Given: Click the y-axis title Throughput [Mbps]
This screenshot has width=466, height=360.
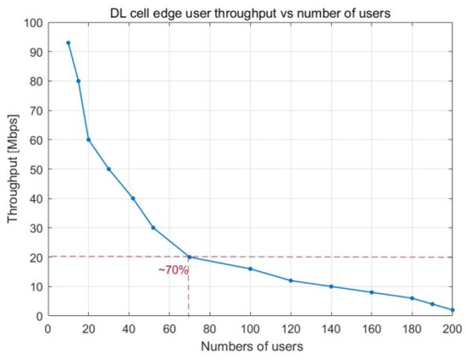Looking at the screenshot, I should click(x=11, y=169).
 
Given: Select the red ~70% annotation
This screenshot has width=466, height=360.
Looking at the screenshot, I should click(x=173, y=270).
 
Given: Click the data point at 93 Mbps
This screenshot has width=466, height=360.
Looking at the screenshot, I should click(x=68, y=42).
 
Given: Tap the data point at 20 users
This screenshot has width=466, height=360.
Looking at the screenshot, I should click(x=88, y=140).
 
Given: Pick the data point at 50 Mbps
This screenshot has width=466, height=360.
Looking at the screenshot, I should click(x=108, y=169).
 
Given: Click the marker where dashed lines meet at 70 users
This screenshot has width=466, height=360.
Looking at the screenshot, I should click(x=189, y=257).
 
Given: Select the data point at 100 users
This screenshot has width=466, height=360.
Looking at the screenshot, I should click(x=250, y=269).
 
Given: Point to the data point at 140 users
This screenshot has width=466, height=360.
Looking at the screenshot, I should click(x=331, y=286).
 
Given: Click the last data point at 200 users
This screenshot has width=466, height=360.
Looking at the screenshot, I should click(x=453, y=310).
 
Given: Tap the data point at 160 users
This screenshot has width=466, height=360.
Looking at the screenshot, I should click(x=372, y=292).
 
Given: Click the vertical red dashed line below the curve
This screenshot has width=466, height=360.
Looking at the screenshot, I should click(x=189, y=292).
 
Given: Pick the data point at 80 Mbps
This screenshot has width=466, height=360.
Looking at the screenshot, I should click(x=78, y=81).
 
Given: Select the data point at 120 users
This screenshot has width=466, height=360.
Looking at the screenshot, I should click(x=291, y=280).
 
